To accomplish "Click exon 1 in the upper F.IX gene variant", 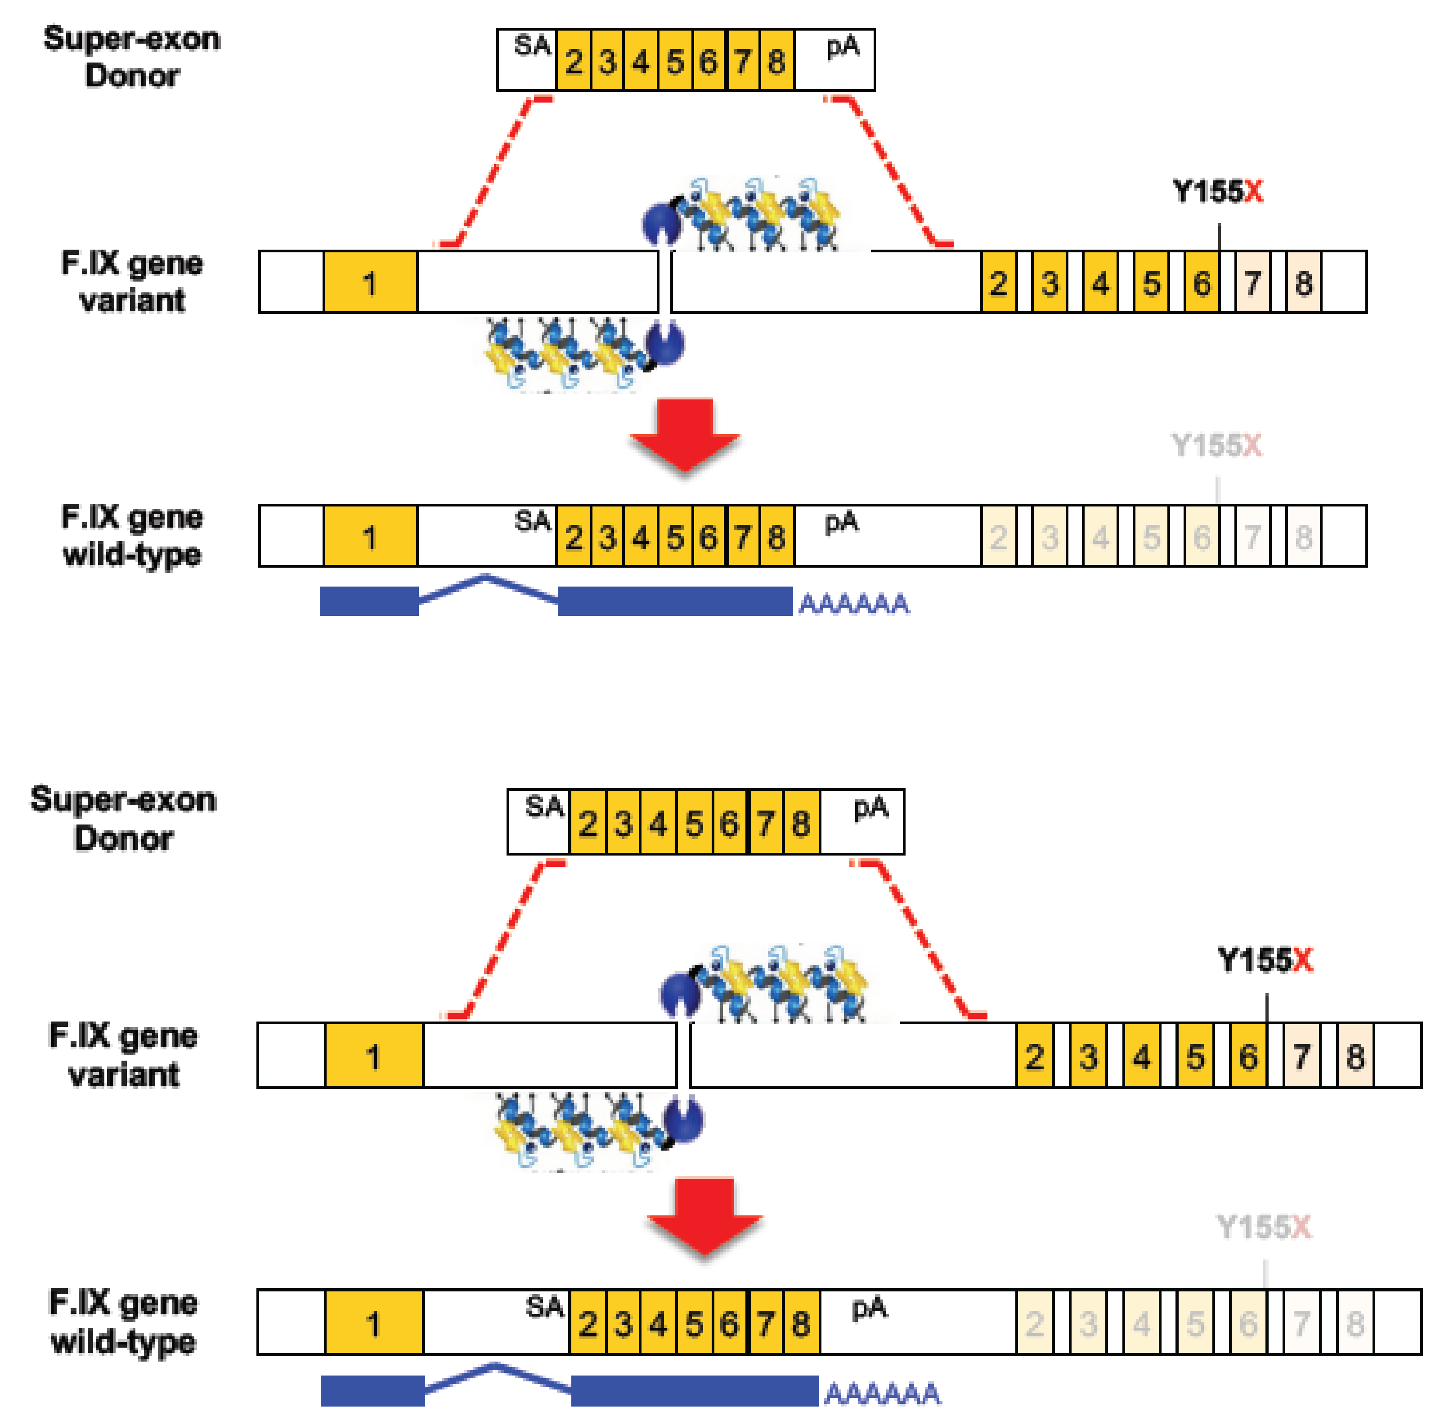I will pyautogui.click(x=370, y=282).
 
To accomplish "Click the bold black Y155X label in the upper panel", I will pyautogui.click(x=1218, y=192).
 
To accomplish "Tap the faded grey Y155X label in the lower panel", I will pyautogui.click(x=1263, y=1226).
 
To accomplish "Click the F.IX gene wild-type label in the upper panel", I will pyautogui.click(x=132, y=535).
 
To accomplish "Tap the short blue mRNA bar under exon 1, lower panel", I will pyautogui.click(x=372, y=1391).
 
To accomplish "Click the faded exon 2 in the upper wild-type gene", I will pyautogui.click(x=998, y=537).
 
